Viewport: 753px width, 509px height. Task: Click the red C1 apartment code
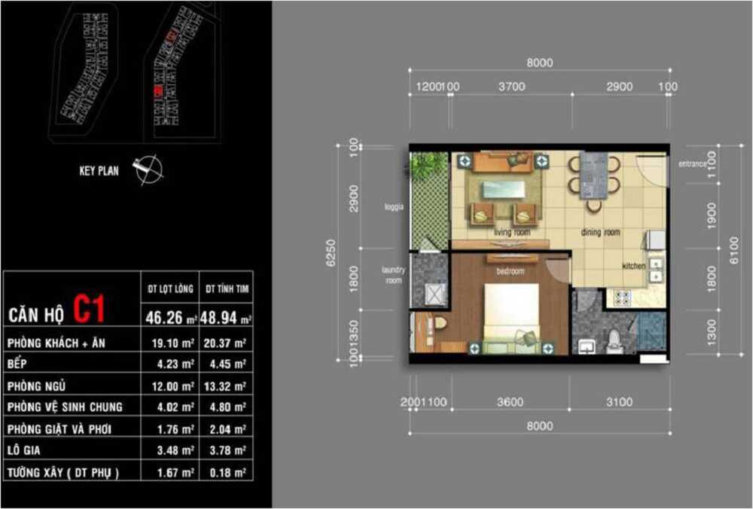[90, 309]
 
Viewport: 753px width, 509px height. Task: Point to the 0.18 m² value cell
[226, 473]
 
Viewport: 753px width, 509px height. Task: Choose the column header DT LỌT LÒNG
[171, 288]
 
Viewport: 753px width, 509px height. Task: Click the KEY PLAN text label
[99, 171]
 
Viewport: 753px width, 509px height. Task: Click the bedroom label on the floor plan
[509, 271]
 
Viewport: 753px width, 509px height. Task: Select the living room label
[512, 233]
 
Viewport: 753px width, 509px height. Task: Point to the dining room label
[600, 233]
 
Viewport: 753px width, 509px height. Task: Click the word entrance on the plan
[691, 163]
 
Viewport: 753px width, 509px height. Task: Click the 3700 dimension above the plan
[511, 87]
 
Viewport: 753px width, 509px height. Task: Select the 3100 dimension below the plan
[619, 402]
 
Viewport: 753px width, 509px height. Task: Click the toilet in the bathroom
[613, 339]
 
